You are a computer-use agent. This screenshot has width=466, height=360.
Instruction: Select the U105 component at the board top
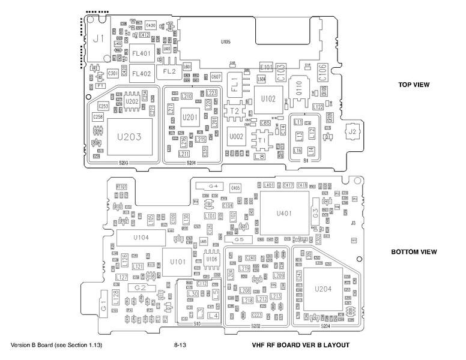tap(225, 42)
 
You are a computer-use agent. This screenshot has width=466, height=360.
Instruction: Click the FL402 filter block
tap(141, 74)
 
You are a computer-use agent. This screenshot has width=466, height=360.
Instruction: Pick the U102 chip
tap(268, 98)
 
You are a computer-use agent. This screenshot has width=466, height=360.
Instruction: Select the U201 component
tap(189, 116)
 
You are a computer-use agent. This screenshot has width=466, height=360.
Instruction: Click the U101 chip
tap(178, 262)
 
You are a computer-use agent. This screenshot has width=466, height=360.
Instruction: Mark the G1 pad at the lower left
tap(103, 308)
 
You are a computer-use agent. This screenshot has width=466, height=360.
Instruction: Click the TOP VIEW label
tap(414, 85)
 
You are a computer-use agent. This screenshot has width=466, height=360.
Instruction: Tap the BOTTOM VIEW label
tap(414, 252)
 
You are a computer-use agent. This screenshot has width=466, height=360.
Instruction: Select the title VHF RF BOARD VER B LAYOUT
tap(301, 346)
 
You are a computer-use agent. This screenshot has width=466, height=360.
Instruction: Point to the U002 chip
tap(236, 137)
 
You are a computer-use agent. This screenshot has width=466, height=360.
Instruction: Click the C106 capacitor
tap(322, 73)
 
